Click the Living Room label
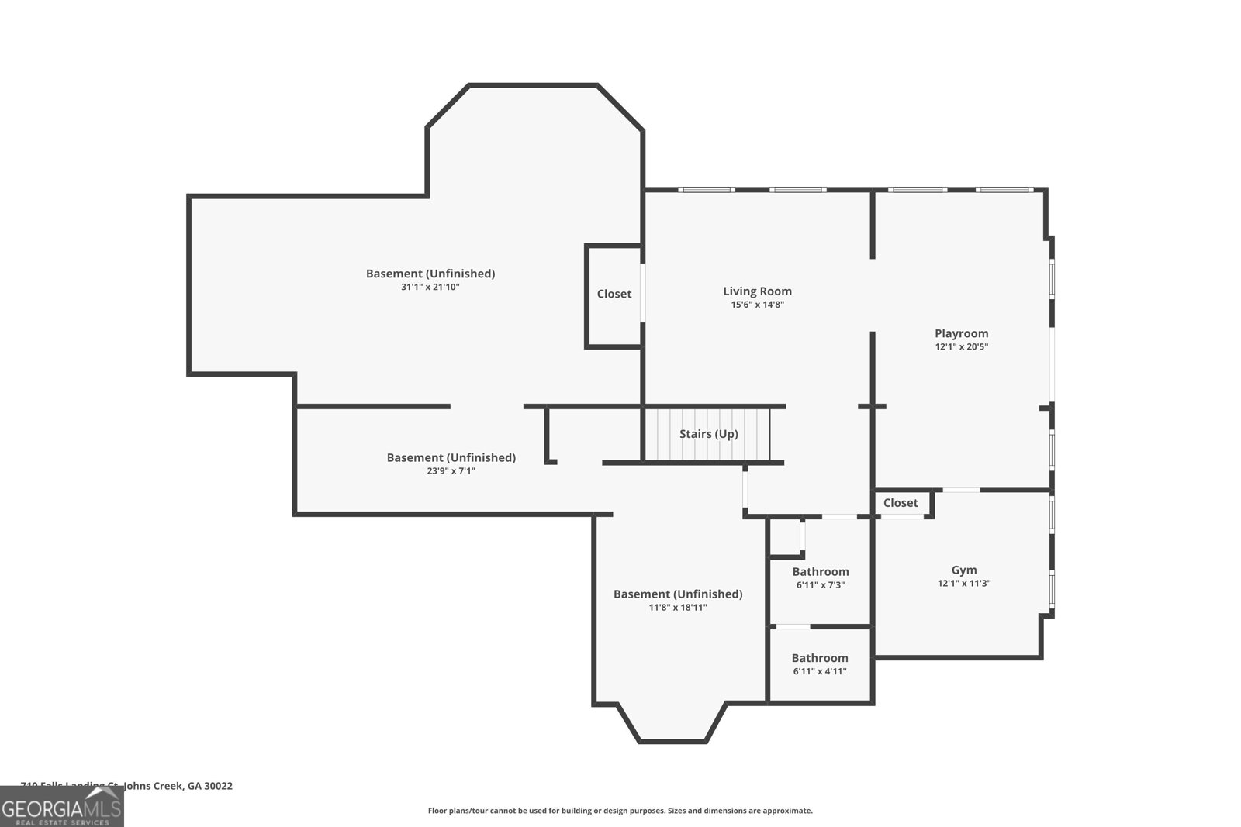tap(757, 291)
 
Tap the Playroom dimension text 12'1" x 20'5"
tap(961, 347)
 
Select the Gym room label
tap(964, 570)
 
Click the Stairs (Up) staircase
tap(707, 434)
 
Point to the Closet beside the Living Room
tap(614, 295)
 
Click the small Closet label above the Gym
tap(901, 503)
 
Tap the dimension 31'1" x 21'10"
tap(430, 287)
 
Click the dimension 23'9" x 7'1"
tap(451, 470)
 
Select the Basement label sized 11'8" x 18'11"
tap(677, 594)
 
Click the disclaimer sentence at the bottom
tap(620, 811)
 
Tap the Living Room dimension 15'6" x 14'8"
tap(757, 305)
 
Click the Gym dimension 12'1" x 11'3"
tap(964, 584)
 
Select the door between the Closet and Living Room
tap(642, 292)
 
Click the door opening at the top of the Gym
tap(961, 490)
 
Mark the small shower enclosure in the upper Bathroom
tap(785, 536)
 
